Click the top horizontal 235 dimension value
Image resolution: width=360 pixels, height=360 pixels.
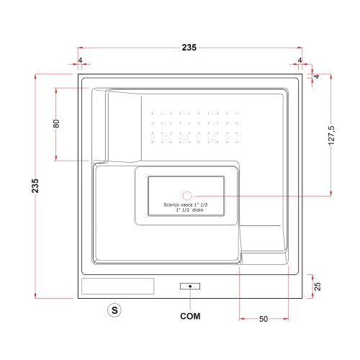[x=189, y=48]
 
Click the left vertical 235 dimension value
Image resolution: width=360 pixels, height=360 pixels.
[x=35, y=186]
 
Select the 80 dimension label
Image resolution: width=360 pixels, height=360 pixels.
[x=56, y=124]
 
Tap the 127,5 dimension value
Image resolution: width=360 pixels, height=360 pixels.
[x=331, y=135]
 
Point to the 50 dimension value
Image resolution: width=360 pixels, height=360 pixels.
[x=264, y=319]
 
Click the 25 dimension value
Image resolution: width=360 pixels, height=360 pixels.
[x=318, y=287]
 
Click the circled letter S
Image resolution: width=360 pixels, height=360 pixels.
[x=114, y=310]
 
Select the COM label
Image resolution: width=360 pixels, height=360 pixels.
[x=190, y=316]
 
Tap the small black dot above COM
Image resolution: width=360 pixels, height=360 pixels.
[x=190, y=287]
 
